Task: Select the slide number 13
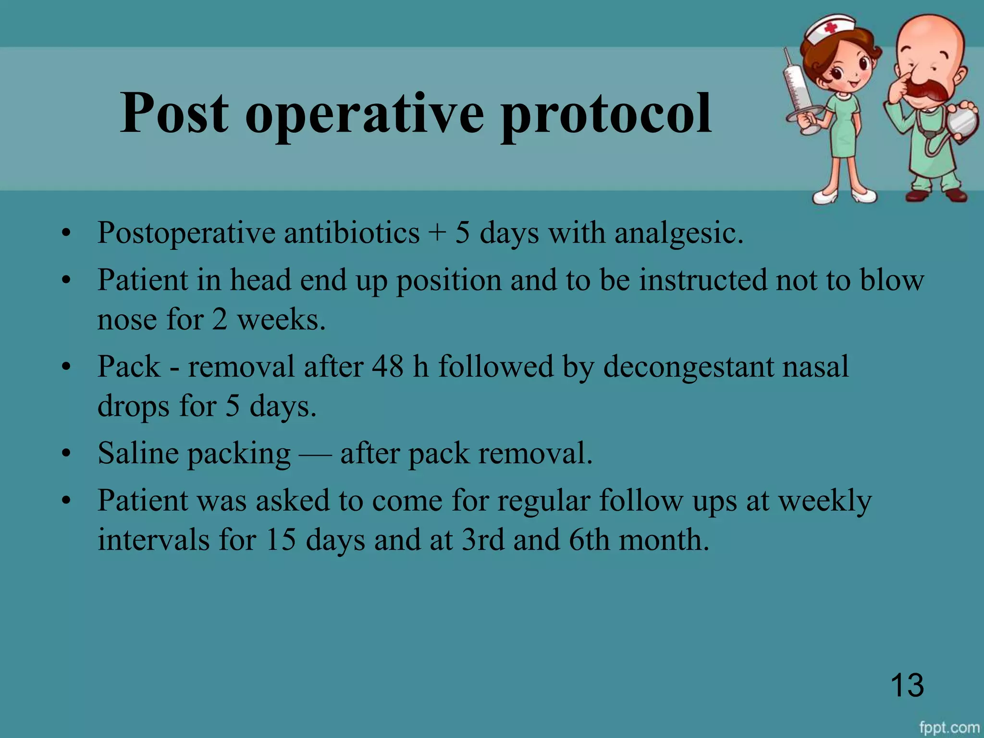[907, 685]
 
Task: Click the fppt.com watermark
[949, 727]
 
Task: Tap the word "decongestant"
[688, 368]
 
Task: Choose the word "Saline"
[138, 453]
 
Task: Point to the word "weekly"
[824, 501]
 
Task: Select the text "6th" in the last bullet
[589, 540]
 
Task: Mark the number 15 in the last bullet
[280, 540]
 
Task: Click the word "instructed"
[703, 280]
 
